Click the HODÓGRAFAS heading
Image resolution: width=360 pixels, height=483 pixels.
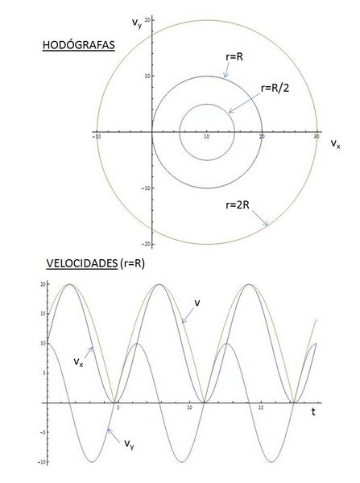point(79,45)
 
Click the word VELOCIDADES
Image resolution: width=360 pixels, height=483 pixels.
point(82,263)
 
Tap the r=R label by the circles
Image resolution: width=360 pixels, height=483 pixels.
point(234,57)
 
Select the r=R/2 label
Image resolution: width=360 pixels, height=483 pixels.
point(275,89)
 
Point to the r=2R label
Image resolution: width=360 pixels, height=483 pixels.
point(238,204)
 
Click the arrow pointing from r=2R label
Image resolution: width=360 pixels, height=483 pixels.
point(260,218)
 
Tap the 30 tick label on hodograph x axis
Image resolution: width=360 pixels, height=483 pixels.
point(317,137)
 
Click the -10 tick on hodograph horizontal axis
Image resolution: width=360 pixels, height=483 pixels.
point(97,137)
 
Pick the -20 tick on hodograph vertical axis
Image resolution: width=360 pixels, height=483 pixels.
point(146,244)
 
